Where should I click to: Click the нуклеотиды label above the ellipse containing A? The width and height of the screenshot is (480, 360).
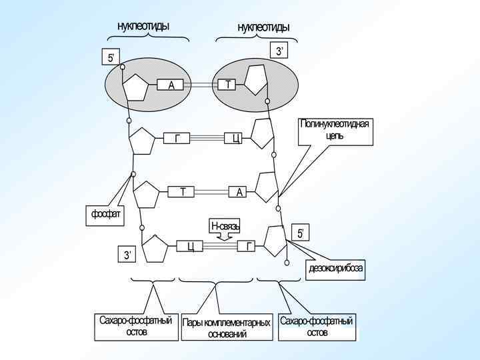tap(143, 26)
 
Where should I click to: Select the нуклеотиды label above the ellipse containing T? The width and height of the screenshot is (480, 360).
tap(263, 27)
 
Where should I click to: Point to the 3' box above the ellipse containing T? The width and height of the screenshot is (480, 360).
tap(280, 51)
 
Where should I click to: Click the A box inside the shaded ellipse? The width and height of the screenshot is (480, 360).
tap(171, 85)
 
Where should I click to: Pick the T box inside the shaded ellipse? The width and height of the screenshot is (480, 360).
tap(228, 85)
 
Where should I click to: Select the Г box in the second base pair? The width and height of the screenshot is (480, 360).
tap(177, 138)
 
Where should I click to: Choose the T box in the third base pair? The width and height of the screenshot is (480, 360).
tap(183, 192)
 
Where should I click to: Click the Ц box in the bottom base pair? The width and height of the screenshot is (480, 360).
tap(190, 246)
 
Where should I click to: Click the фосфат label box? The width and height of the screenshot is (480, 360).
tap(106, 215)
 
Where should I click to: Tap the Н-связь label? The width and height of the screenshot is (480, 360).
tap(225, 227)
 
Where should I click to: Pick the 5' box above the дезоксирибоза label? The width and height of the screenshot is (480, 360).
tap(301, 233)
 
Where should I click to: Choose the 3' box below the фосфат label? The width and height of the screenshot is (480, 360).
tap(128, 255)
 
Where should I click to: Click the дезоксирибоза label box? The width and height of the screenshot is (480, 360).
tap(335, 268)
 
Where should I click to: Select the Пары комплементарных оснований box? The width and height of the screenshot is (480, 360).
tap(227, 328)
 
